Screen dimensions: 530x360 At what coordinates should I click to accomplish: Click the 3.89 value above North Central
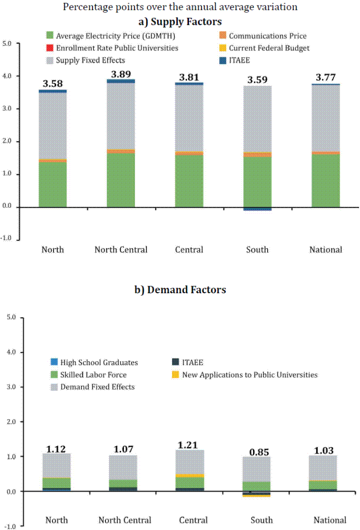coord(120,73)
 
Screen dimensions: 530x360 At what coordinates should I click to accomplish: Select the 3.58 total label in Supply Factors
coord(52,83)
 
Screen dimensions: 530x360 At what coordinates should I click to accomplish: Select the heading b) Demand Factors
coord(186,290)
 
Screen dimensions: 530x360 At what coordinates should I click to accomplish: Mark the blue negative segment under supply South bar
coord(257,209)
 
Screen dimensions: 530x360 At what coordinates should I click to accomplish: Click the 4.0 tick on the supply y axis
coord(6,76)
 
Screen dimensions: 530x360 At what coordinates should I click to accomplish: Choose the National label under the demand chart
coord(330,520)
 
